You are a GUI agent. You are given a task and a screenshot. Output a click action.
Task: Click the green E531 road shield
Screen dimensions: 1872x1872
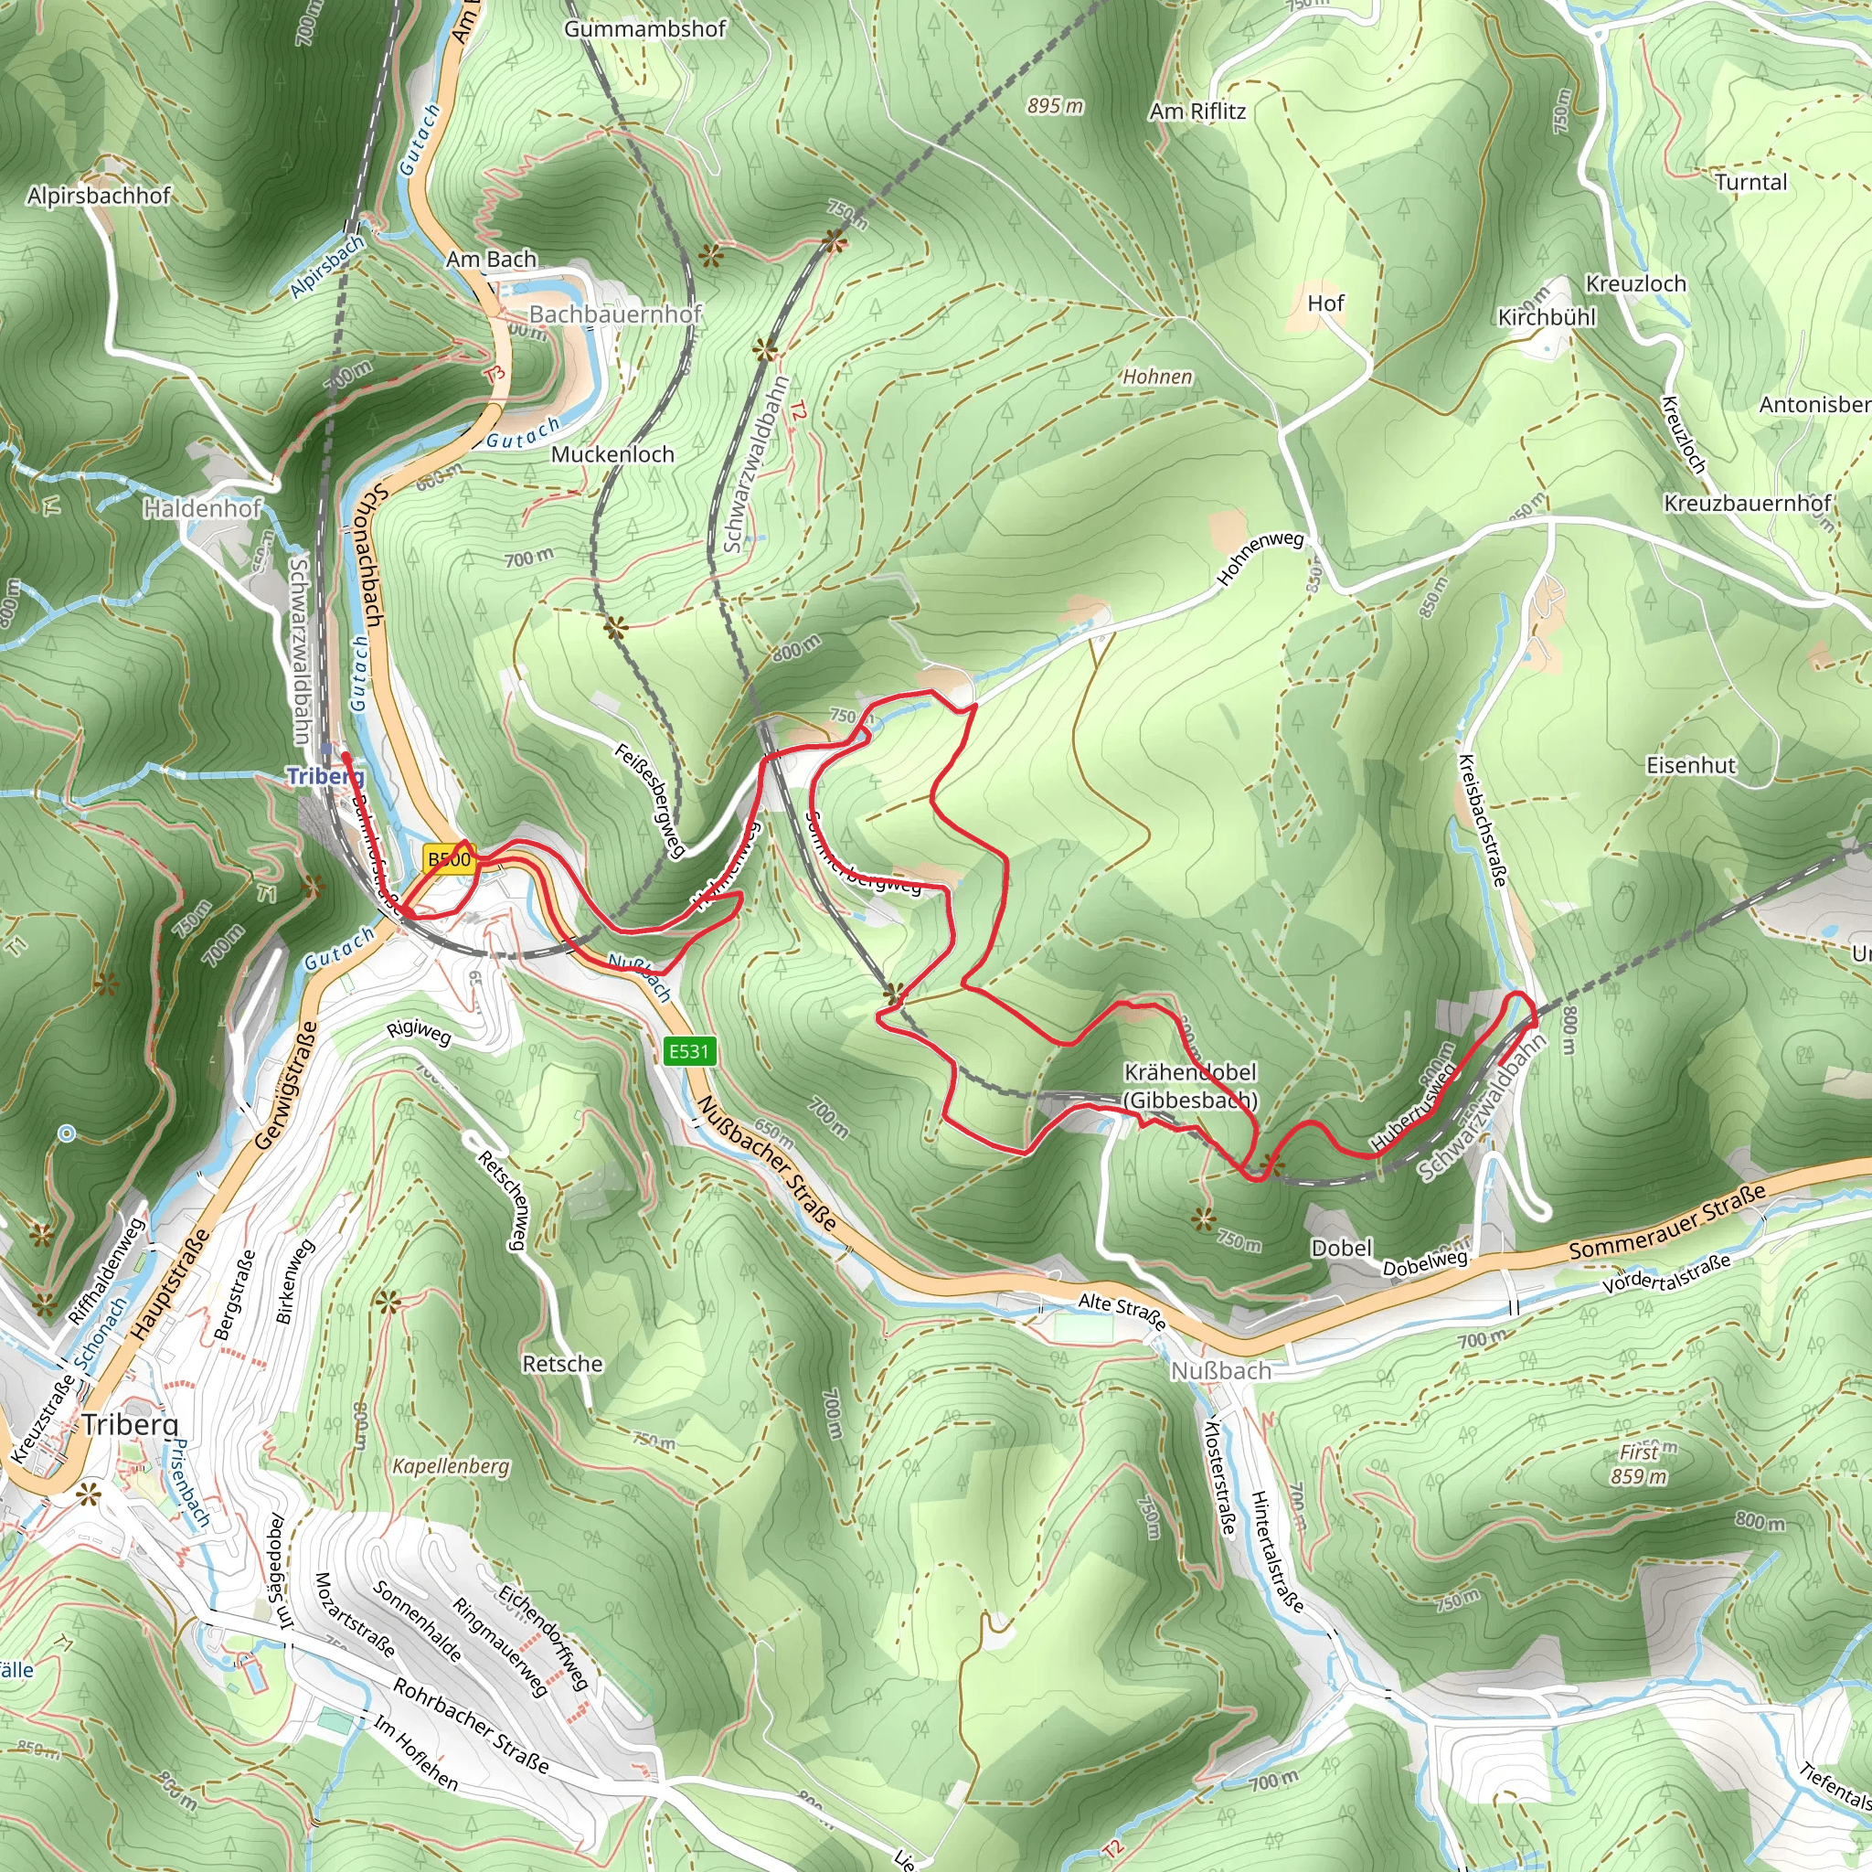(690, 1051)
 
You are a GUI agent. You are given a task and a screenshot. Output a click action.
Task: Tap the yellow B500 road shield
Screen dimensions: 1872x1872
(450, 859)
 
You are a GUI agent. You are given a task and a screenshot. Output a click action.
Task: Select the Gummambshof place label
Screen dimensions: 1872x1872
(644, 29)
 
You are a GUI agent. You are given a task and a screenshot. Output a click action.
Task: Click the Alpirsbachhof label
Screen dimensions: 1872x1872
(99, 196)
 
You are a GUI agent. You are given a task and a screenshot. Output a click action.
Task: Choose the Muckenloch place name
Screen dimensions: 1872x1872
(612, 453)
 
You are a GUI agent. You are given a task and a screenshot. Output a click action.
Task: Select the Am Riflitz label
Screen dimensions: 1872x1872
(1197, 112)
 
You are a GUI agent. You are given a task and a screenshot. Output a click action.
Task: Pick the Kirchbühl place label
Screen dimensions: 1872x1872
(1547, 317)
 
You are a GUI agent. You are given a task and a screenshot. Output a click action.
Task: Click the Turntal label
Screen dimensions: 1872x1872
(1750, 182)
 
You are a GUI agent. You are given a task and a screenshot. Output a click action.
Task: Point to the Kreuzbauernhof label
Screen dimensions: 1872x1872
(1747, 503)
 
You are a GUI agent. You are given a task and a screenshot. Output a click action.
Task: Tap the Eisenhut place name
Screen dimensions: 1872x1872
(1692, 764)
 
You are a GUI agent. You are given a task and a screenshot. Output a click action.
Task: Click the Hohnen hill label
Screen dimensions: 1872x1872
(1157, 376)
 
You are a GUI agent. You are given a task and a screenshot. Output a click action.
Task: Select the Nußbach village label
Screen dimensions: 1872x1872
(1221, 1371)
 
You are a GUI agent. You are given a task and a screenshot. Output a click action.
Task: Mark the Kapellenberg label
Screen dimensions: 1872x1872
(451, 1466)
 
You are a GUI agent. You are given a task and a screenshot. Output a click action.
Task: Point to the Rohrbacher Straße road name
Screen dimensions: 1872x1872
(471, 1727)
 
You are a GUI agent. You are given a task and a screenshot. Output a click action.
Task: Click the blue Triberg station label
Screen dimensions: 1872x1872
(325, 776)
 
